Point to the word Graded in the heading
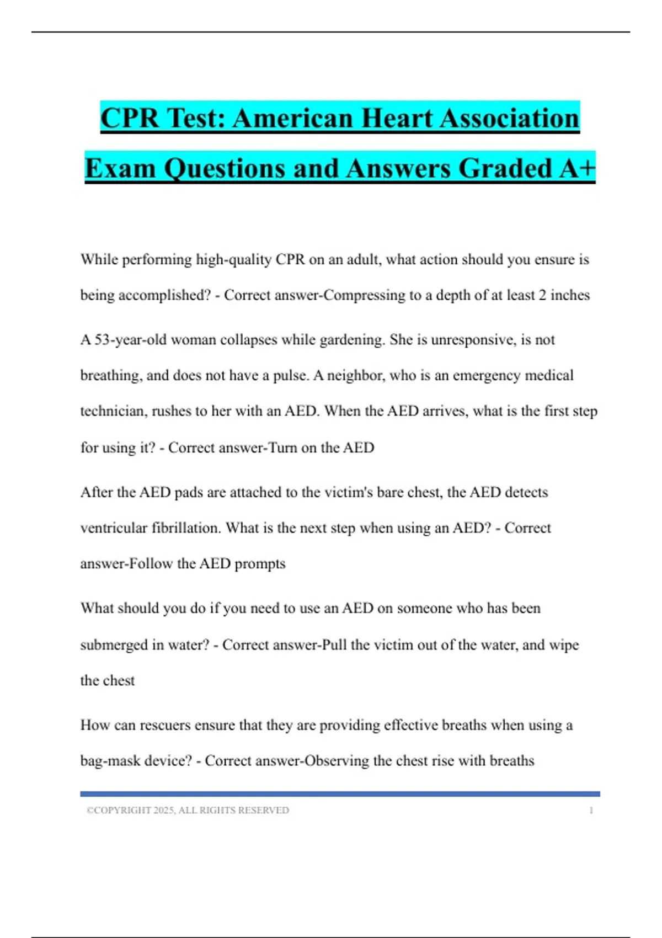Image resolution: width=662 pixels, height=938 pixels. coord(505,168)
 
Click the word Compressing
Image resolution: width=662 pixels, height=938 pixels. coord(364,295)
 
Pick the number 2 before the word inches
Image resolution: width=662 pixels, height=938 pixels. coord(542,295)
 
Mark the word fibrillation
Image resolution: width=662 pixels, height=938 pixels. coord(186,528)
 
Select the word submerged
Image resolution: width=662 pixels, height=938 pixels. coord(114,645)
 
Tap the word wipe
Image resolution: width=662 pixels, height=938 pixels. coord(564,645)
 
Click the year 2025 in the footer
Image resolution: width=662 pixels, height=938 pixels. coord(164,811)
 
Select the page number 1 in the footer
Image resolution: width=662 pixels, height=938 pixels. coord(591,811)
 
